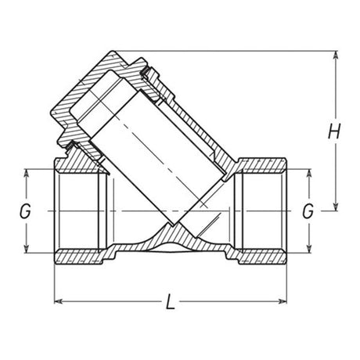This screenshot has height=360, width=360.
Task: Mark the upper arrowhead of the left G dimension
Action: [x=28, y=173]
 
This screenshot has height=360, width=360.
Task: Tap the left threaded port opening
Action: [x=78, y=211]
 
